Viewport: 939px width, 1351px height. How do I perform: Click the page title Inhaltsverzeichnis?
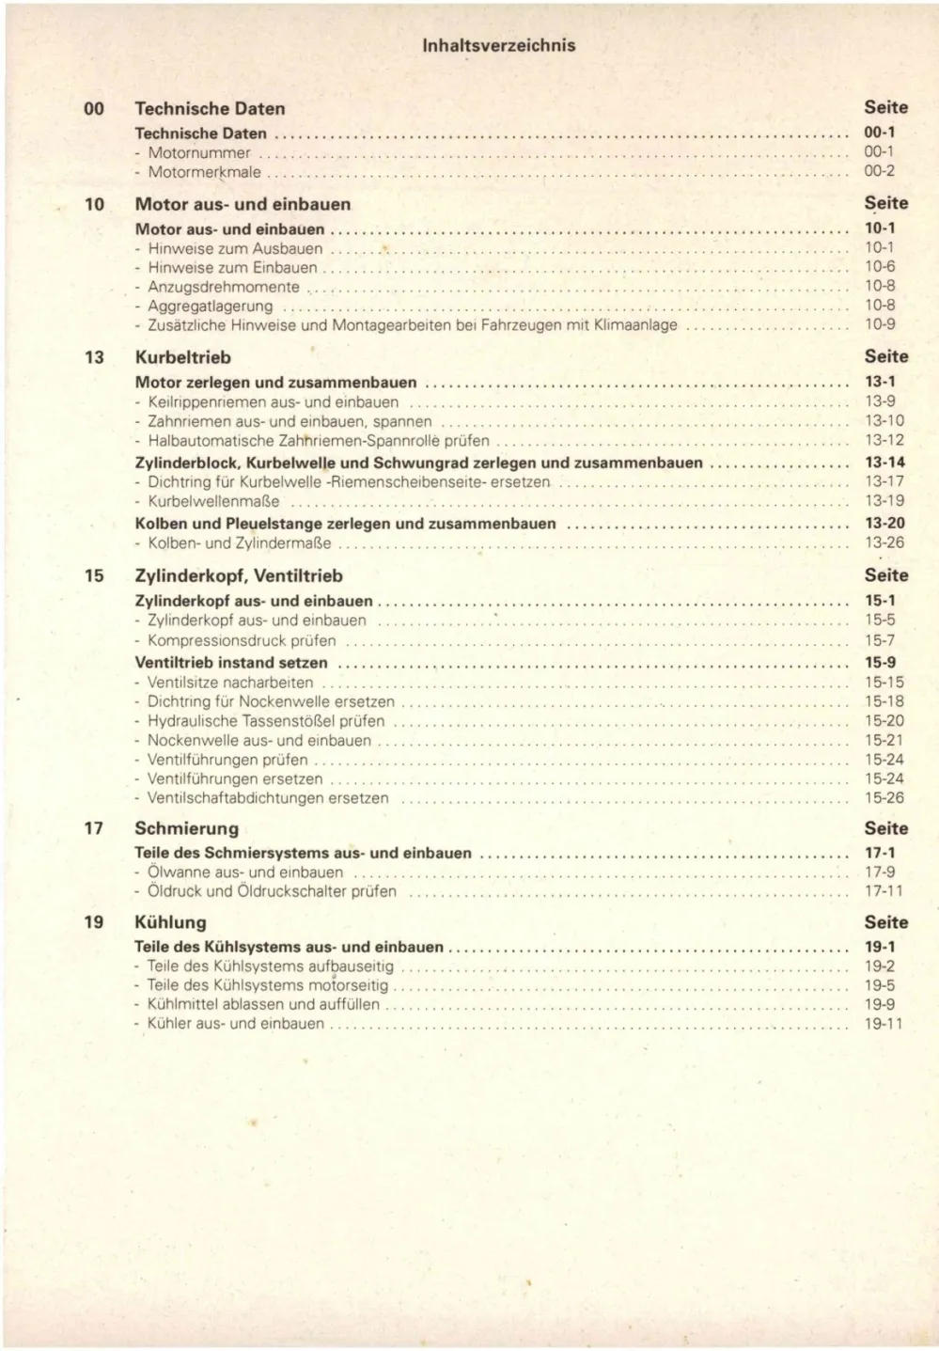498,45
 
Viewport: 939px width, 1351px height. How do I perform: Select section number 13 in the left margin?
94,357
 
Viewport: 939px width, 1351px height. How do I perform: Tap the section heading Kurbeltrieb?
182,357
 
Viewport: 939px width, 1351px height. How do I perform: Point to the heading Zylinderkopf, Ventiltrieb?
239,575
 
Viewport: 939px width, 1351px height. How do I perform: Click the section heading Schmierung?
186,828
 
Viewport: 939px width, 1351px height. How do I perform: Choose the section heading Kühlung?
170,922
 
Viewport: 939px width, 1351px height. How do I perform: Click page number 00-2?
879,171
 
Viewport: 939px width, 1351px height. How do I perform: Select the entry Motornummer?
199,152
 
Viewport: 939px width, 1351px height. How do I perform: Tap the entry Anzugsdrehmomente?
224,287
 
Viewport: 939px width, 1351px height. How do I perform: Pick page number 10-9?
880,324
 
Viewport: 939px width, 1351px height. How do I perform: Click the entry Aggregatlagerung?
211,306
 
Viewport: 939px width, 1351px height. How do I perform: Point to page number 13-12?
884,440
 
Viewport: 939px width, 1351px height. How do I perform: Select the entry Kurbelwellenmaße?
213,501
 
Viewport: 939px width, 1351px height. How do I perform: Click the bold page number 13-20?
884,523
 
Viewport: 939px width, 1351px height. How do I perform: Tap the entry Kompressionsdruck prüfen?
242,640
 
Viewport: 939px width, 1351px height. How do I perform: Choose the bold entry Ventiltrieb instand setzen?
231,662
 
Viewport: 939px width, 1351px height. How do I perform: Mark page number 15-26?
884,798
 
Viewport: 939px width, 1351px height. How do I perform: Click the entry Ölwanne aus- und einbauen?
245,872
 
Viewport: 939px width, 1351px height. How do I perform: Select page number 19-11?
883,1024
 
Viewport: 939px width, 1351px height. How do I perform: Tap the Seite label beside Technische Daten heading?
885,108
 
